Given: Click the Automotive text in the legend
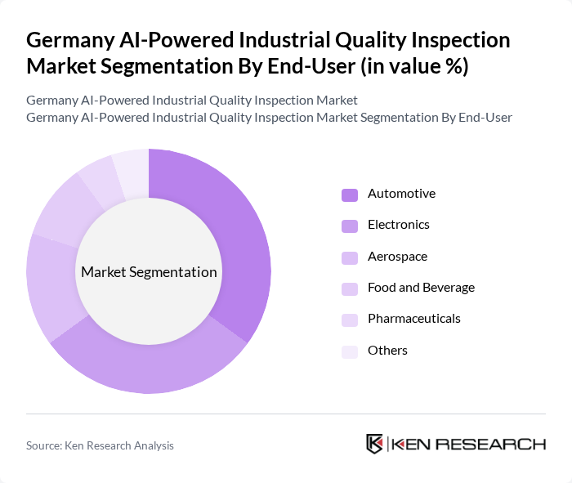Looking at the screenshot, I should (x=401, y=194).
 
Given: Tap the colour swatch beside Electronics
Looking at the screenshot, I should (x=350, y=225).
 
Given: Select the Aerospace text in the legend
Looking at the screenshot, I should (x=397, y=257).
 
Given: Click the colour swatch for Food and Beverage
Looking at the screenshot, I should (x=350, y=288).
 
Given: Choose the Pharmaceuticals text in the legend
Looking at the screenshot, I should (x=413, y=319).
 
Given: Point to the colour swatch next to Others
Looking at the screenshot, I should (x=350, y=351).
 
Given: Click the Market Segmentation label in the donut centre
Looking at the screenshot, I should (x=149, y=272).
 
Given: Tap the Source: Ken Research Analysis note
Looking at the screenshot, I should (x=100, y=445).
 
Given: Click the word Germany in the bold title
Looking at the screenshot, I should (x=66, y=40).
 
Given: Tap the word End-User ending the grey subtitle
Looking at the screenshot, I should (x=485, y=118).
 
